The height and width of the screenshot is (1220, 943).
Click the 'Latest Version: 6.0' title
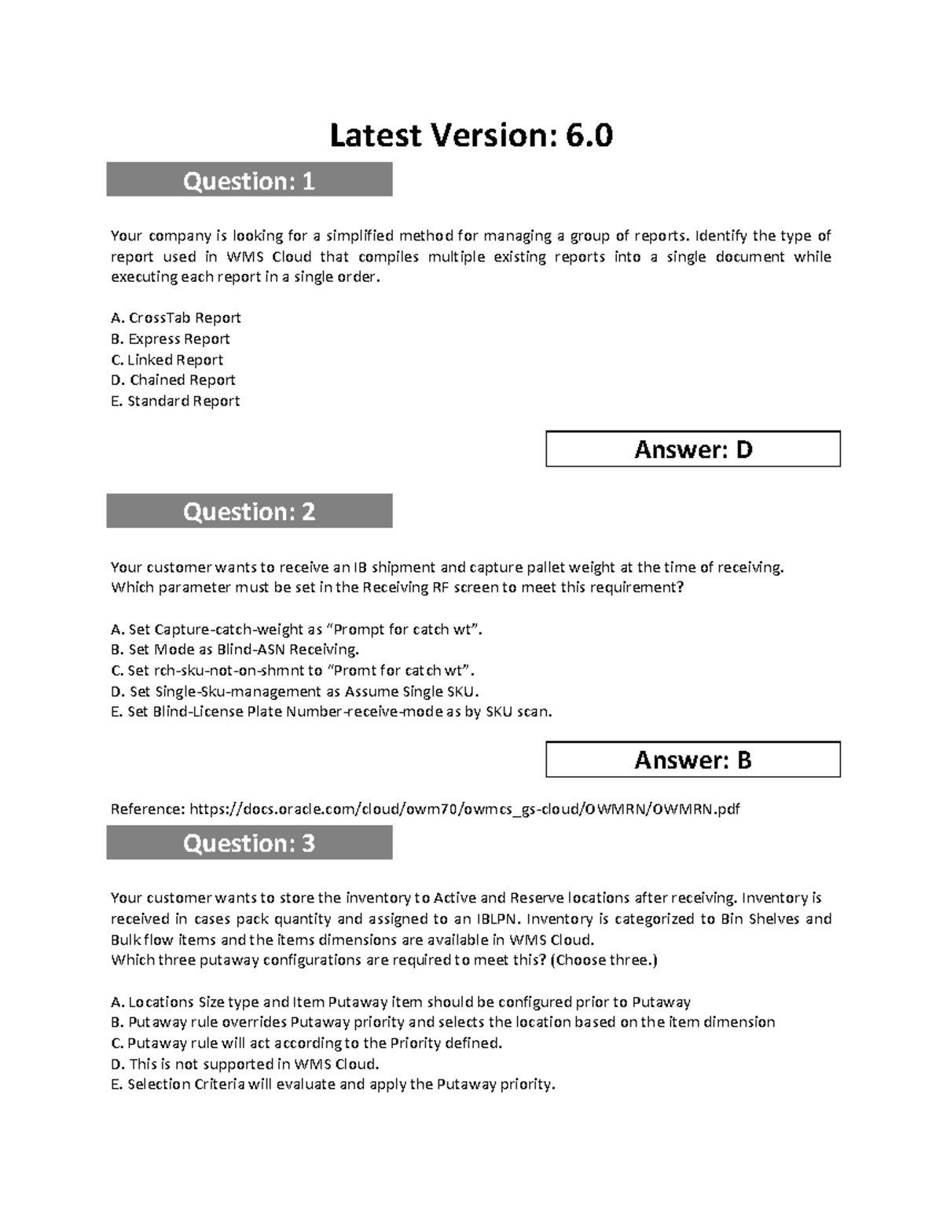coord(471,136)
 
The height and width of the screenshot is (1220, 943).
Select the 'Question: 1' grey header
coord(249,181)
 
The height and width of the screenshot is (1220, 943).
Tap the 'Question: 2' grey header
coord(249,511)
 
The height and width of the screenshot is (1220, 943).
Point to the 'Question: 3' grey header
coord(249,843)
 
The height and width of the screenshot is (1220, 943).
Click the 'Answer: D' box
coord(693,449)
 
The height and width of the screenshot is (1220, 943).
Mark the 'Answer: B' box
coord(693,760)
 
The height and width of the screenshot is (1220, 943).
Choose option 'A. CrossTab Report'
coord(176,318)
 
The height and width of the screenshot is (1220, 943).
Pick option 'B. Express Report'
coord(171,339)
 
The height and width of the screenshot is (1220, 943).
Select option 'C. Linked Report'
coord(167,360)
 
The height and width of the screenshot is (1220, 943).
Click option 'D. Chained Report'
coord(173,380)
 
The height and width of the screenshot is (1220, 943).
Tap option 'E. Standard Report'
coord(175,401)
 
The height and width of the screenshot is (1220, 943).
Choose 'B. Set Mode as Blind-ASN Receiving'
coord(235,650)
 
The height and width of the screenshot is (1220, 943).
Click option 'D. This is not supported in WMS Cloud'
coord(245,1064)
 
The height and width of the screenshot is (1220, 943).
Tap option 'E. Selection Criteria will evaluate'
coord(333,1084)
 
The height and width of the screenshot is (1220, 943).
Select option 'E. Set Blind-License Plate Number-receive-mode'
coord(332,712)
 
